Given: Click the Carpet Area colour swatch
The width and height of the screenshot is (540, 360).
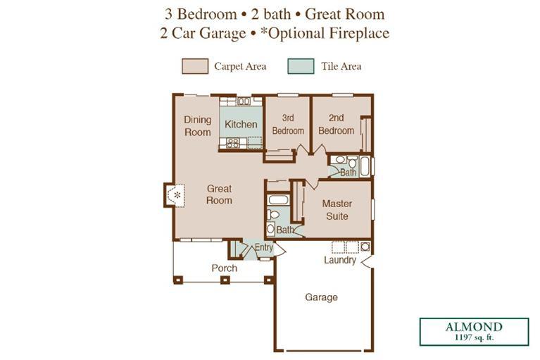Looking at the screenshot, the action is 195,66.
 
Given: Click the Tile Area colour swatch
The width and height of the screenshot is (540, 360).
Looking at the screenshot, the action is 301,66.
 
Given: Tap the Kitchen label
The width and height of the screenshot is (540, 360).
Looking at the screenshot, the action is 241,125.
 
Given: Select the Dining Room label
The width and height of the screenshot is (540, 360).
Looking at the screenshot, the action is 197,126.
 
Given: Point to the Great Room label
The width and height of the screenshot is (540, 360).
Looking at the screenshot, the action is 220,194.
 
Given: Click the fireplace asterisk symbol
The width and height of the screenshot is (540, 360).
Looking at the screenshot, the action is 177,196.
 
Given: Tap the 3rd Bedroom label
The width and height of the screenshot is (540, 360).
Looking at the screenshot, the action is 288,125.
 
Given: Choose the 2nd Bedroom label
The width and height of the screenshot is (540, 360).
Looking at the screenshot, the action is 336,125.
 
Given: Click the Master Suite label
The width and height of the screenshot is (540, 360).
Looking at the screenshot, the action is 337,210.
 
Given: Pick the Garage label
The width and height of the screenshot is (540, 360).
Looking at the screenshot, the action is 321,297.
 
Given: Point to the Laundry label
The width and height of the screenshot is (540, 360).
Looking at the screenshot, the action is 340,260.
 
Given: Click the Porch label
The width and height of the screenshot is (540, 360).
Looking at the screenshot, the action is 224,268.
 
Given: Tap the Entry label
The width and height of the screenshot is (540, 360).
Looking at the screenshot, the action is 264,247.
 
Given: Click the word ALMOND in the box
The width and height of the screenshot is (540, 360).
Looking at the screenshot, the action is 474,327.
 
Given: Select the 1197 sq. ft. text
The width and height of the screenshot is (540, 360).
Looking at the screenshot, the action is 474,337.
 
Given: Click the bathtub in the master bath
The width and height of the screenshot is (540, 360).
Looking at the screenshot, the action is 278,200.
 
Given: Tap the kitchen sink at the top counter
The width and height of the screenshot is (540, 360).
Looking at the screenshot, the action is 244,101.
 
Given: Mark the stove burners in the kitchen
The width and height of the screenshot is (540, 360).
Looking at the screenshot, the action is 233,143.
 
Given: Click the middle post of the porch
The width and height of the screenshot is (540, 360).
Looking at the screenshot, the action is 225,280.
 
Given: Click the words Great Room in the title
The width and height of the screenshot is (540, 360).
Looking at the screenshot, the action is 345,14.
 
